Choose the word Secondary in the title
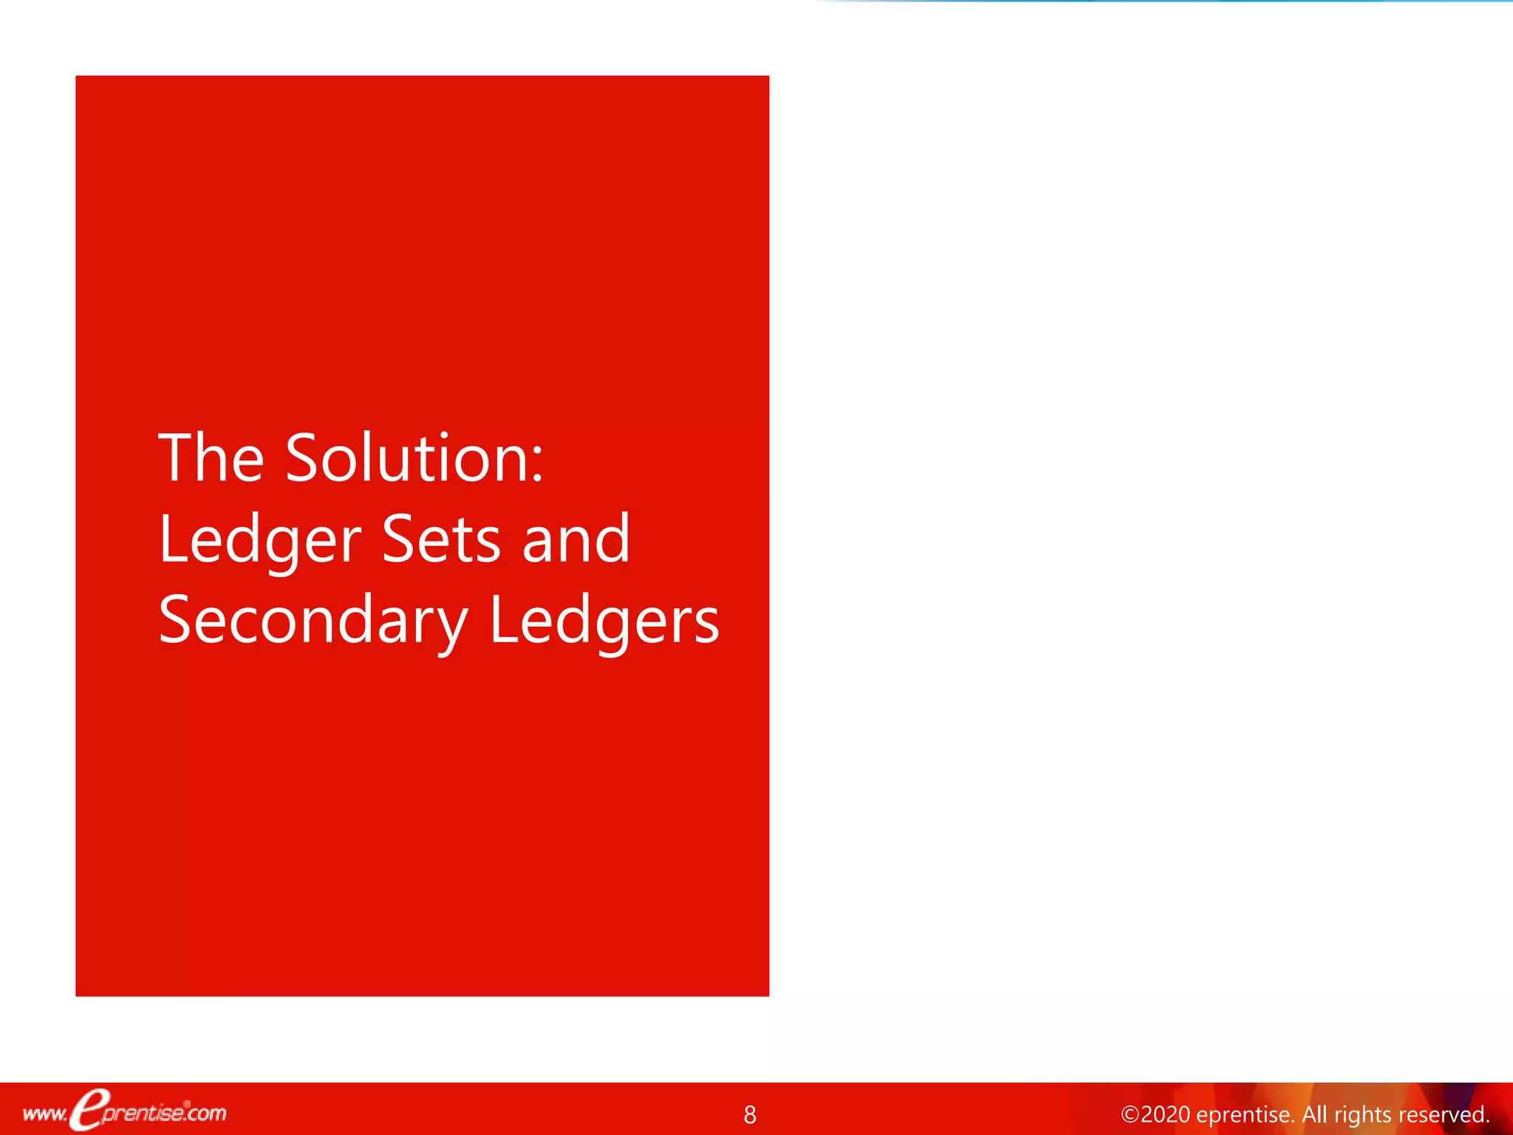(313, 622)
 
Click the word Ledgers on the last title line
(604, 622)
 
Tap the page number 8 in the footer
(750, 1114)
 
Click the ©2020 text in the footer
(1155, 1114)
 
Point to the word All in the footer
(1316, 1114)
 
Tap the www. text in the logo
(45, 1114)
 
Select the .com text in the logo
(205, 1113)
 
